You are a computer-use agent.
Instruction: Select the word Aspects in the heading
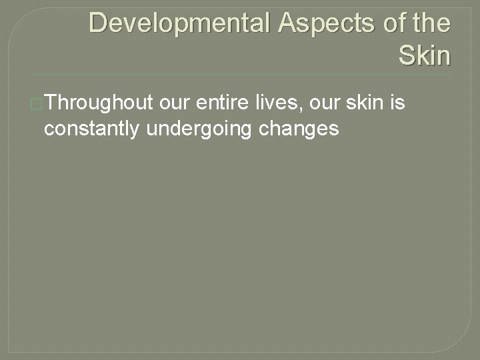point(313,23)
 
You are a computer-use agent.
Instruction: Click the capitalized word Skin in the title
point(425,55)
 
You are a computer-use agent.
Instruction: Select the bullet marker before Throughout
point(37,104)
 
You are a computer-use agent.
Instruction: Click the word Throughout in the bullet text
point(98,104)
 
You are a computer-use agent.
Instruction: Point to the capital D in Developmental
point(97,23)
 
